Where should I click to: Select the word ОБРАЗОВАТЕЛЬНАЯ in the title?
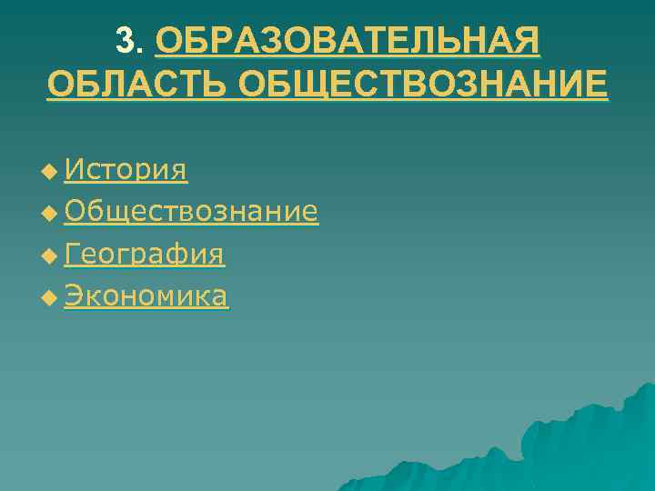pyautogui.click(x=348, y=41)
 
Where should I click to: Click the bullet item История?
pyautogui.click(x=126, y=169)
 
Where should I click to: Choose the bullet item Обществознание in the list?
pyautogui.click(x=191, y=212)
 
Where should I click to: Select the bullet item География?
pyautogui.click(x=145, y=255)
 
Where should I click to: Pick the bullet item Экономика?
pyautogui.click(x=146, y=296)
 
